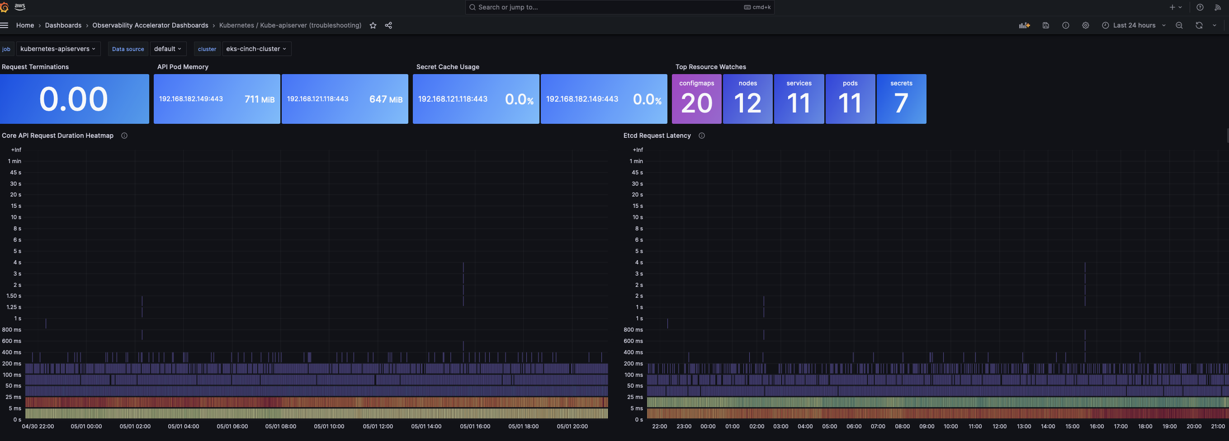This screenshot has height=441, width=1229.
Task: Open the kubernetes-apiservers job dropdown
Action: [x=58, y=49]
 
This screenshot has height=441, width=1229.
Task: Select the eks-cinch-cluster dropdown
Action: [x=256, y=49]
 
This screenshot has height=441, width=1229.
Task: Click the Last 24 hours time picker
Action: [x=1134, y=25]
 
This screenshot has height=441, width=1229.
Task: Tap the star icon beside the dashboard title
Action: [x=373, y=26]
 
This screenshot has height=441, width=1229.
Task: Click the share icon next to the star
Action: [x=388, y=26]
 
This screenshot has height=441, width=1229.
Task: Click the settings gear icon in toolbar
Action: [x=1085, y=26]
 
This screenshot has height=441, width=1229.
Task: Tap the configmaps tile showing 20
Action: [x=696, y=99]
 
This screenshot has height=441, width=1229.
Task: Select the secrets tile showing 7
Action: [x=901, y=99]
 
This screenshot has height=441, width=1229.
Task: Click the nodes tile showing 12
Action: [x=747, y=99]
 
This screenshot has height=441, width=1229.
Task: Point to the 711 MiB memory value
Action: [x=259, y=99]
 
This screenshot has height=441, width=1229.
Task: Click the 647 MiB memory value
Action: [x=386, y=99]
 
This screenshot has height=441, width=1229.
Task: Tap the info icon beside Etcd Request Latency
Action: [x=702, y=136]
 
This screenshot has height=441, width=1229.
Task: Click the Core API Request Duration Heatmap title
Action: [x=58, y=136]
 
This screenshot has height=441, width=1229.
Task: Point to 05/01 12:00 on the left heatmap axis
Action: [x=378, y=427]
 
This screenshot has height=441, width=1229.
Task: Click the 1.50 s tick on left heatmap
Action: [x=14, y=296]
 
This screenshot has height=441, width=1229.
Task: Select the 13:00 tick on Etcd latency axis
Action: [x=1024, y=427]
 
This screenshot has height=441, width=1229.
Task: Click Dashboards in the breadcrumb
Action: [x=63, y=26]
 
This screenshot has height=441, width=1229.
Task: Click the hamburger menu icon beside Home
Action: [x=4, y=26]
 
